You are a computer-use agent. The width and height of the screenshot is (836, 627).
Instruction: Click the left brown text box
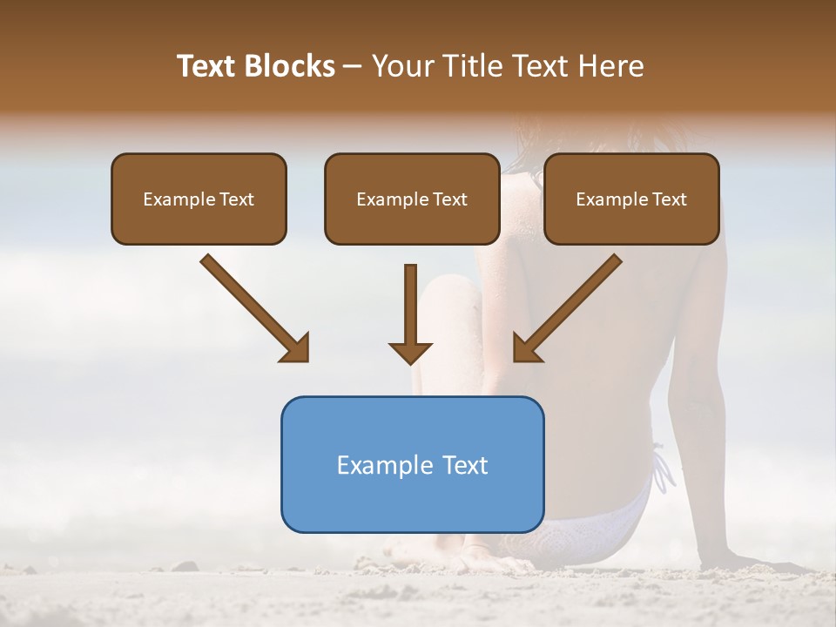(x=199, y=199)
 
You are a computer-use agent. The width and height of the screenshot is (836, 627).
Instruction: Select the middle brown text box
(x=412, y=199)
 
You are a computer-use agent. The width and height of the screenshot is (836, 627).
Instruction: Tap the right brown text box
(x=631, y=199)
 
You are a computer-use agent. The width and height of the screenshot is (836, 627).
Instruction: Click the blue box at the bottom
(x=412, y=464)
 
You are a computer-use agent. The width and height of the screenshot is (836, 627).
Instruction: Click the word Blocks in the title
(x=290, y=66)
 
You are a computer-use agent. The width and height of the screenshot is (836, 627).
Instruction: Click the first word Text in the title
(x=209, y=66)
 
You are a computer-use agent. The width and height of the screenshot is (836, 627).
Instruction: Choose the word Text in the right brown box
(x=670, y=199)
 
